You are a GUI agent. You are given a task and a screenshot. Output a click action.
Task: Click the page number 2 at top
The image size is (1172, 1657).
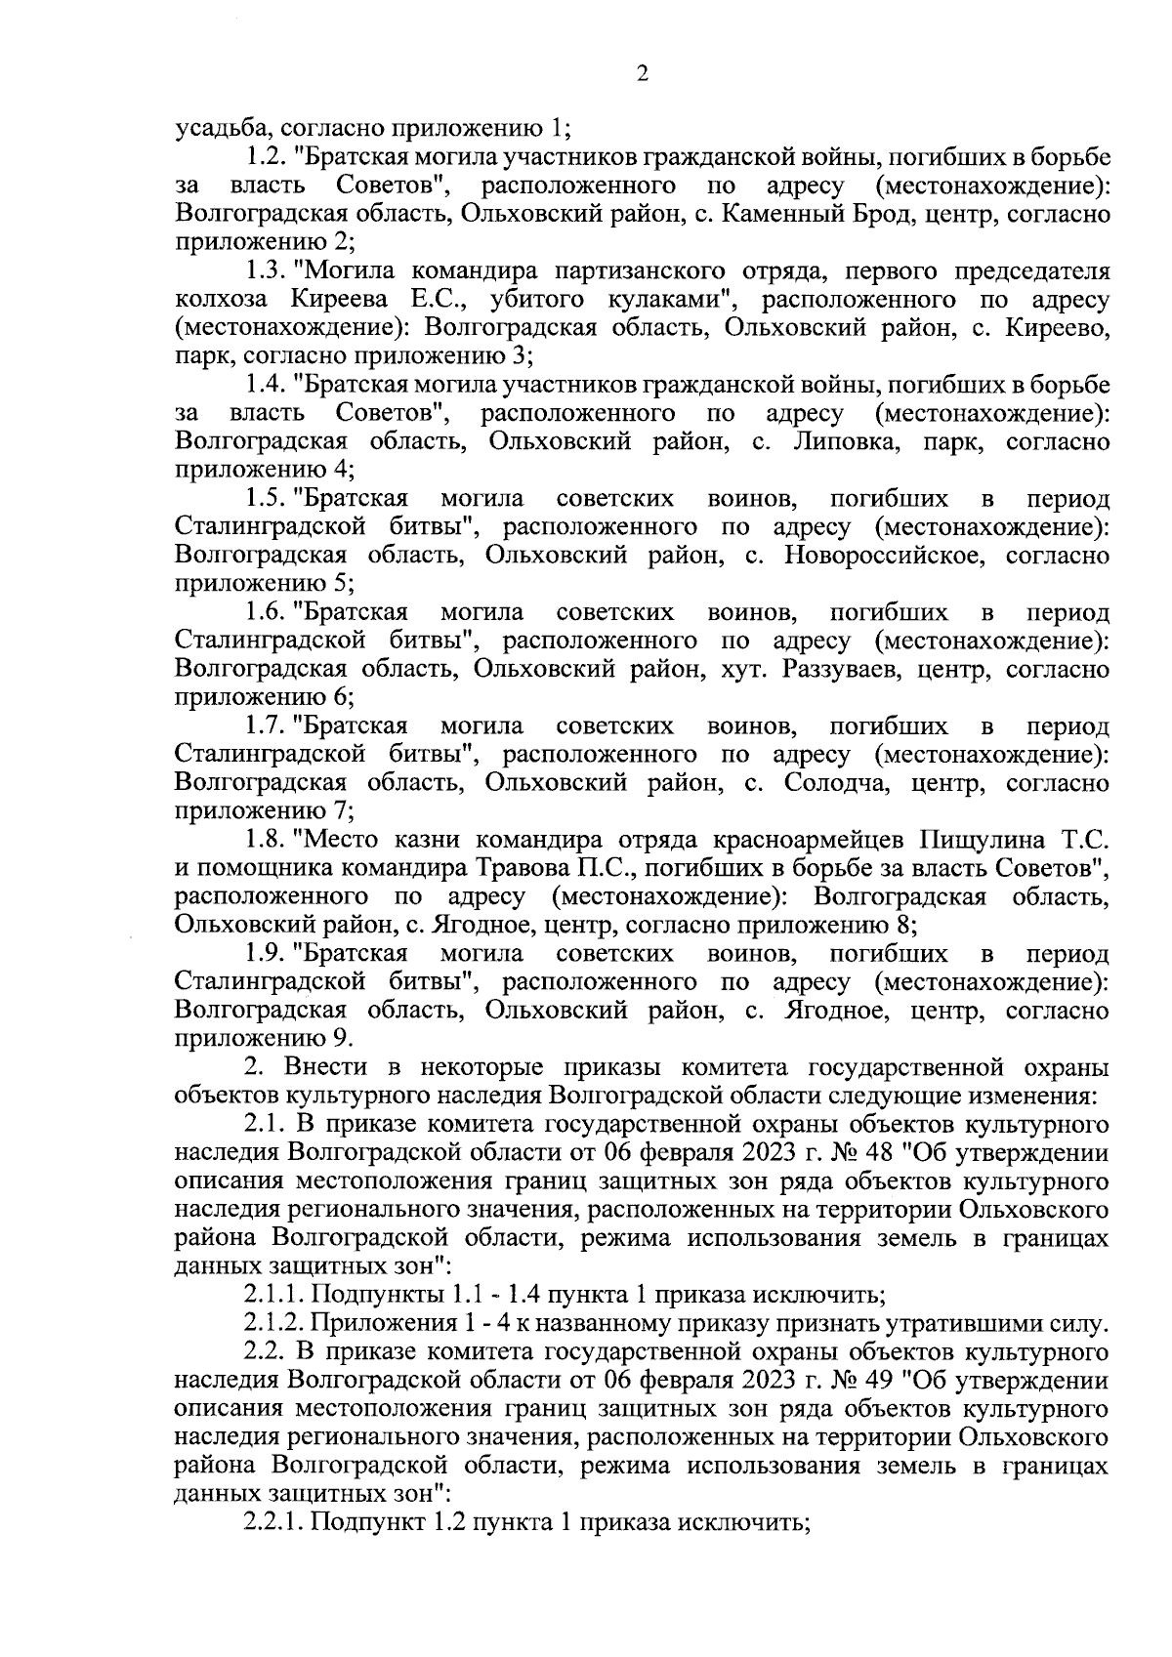click(x=642, y=74)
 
